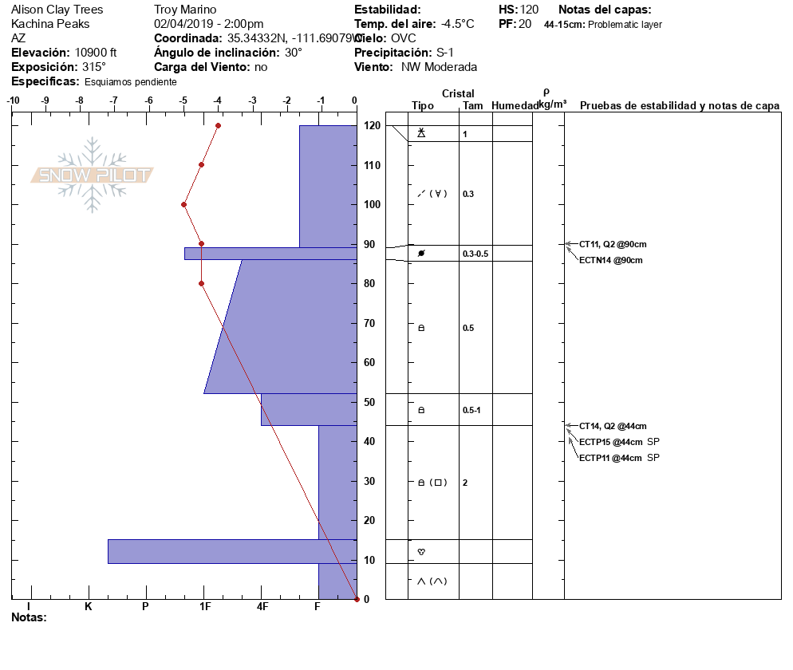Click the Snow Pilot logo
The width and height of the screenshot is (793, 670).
pyautogui.click(x=92, y=175)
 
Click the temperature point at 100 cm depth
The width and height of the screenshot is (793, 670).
pyautogui.click(x=184, y=205)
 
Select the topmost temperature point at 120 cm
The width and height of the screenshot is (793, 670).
pyautogui.click(x=218, y=125)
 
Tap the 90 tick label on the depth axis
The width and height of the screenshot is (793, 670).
pyautogui.click(x=369, y=244)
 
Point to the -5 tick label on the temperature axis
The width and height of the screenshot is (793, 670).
pyautogui.click(x=183, y=100)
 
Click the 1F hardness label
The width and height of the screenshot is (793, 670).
pyautogui.click(x=205, y=606)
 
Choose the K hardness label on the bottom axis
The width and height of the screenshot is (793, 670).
pyautogui.click(x=89, y=606)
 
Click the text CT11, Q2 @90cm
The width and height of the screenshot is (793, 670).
pyautogui.click(x=613, y=244)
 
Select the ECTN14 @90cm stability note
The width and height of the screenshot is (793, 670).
pyautogui.click(x=611, y=260)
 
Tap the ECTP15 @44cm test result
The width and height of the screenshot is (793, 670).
pyautogui.click(x=611, y=442)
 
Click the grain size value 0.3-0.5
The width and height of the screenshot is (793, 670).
pyautogui.click(x=475, y=254)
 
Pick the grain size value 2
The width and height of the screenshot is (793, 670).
pyautogui.click(x=465, y=483)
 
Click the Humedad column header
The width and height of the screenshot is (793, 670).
pyautogui.click(x=515, y=105)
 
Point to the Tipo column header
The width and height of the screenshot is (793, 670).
pyautogui.click(x=423, y=105)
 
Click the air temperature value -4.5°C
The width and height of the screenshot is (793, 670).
pyautogui.click(x=457, y=24)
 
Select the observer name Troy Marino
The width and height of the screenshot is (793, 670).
pyautogui.click(x=185, y=10)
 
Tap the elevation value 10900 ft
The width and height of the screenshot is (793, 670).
pyautogui.click(x=96, y=53)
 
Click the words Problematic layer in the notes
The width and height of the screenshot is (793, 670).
pyautogui.click(x=625, y=24)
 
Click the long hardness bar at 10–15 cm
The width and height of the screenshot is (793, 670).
pyautogui.click(x=232, y=552)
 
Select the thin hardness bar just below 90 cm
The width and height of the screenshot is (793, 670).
pyautogui.click(x=270, y=254)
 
